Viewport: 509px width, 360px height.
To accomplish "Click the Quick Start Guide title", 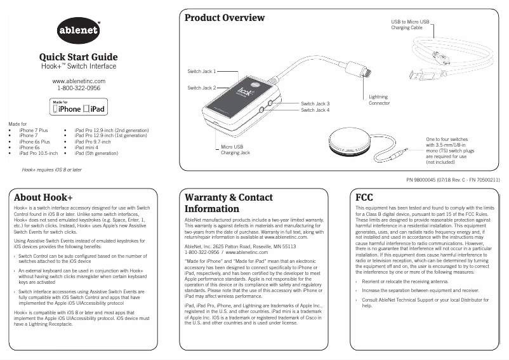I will click(x=78, y=57).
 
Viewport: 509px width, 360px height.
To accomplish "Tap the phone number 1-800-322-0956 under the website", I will click(x=79, y=89).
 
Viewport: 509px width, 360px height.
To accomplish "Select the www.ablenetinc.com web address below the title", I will click(x=79, y=81).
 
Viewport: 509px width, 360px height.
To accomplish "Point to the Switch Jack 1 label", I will click(x=202, y=71).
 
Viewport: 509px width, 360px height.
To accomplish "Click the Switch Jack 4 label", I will click(x=315, y=110).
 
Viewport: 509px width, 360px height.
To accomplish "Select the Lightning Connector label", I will click(x=380, y=100).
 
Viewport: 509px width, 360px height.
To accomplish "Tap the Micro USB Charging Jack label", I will click(x=235, y=150).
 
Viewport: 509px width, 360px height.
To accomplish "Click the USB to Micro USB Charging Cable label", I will click(x=410, y=25).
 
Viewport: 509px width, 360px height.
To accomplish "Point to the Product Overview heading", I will click(x=225, y=18).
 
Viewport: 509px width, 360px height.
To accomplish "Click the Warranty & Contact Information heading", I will click(x=228, y=203).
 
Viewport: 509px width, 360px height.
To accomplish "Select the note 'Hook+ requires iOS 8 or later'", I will click(x=51, y=170).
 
